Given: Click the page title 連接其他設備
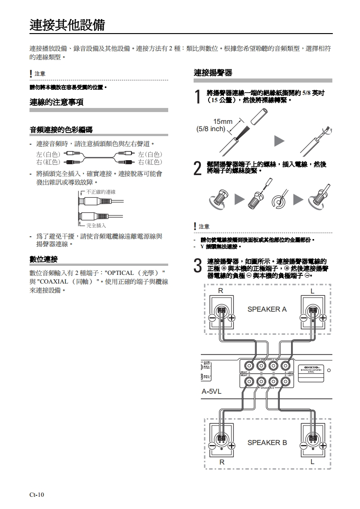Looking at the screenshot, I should (x=67, y=24).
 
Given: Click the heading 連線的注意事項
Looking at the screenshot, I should (x=56, y=103).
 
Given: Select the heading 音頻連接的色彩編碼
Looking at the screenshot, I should (x=61, y=130).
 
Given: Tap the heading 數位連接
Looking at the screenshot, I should (x=44, y=259).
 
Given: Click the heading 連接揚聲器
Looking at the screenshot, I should (x=213, y=73).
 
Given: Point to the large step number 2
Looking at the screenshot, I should (x=197, y=168).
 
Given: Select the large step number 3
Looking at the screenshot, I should (x=197, y=266).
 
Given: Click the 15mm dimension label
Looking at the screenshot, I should (x=223, y=121).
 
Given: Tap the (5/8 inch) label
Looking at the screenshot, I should (x=211, y=129).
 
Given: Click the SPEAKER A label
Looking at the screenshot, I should (x=267, y=309).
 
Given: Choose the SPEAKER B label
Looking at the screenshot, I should (x=267, y=442).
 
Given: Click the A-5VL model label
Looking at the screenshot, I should (x=211, y=391).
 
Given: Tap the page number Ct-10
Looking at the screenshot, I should (x=37, y=494).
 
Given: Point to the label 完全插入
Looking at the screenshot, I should (x=96, y=225).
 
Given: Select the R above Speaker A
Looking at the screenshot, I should (x=220, y=291).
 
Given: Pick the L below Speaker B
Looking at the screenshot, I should (x=312, y=461).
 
